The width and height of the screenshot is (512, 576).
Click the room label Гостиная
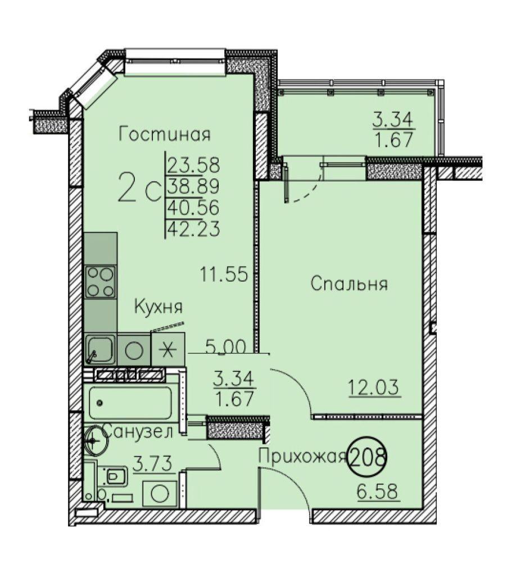click(165, 134)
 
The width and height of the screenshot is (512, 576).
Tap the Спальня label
click(349, 284)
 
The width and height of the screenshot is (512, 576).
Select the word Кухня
click(158, 307)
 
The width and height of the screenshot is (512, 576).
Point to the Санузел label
click(138, 431)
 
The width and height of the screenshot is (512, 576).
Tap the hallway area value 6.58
click(378, 492)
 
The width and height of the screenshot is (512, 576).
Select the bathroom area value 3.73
click(153, 464)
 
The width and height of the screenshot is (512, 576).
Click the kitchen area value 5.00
click(225, 346)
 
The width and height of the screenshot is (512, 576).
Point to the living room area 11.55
click(224, 274)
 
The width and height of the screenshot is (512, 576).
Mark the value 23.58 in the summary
click(194, 165)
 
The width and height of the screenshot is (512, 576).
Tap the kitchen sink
click(100, 349)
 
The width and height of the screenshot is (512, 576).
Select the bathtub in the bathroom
click(128, 403)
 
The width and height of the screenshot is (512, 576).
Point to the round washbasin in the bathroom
click(96, 440)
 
